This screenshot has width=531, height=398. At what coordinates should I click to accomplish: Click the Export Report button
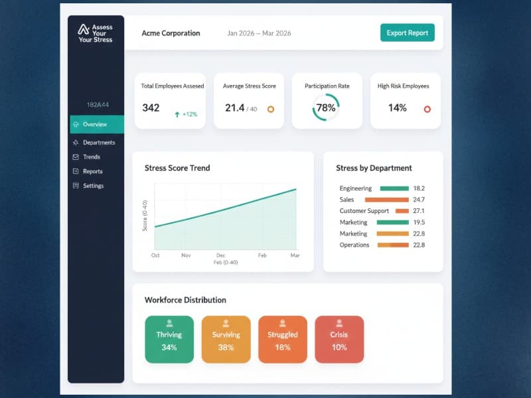[407, 33]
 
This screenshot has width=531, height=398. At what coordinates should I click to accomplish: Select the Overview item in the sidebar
[96, 124]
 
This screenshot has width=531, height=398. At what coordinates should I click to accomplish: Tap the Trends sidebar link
[91, 157]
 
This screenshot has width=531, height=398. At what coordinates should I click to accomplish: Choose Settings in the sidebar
[93, 186]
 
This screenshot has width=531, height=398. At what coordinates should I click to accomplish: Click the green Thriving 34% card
[169, 340]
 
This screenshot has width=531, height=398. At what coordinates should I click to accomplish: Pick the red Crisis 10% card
[339, 340]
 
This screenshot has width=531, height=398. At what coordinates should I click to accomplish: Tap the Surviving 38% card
[226, 340]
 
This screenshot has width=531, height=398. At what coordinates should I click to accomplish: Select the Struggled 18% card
[283, 340]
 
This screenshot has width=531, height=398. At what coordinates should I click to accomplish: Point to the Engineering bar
[394, 188]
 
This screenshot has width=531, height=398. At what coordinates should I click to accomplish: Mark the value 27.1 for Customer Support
[418, 211]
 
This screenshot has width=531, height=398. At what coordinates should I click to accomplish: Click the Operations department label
[354, 245]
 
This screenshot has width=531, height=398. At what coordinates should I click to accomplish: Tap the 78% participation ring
[325, 107]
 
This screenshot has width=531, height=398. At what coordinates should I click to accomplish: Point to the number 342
[151, 107]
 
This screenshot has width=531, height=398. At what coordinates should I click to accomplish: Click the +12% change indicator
[186, 114]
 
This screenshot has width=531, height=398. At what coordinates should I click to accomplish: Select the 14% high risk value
[397, 107]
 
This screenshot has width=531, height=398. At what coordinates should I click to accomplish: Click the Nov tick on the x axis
[186, 255]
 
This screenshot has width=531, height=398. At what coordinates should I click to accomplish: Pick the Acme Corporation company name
[171, 33]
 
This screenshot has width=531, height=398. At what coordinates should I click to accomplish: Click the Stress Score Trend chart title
[177, 168]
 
